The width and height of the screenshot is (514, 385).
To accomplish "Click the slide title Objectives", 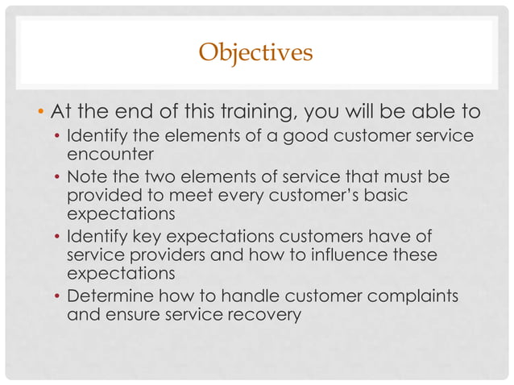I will (x=255, y=54).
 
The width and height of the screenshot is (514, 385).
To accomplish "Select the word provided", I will (x=101, y=195).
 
